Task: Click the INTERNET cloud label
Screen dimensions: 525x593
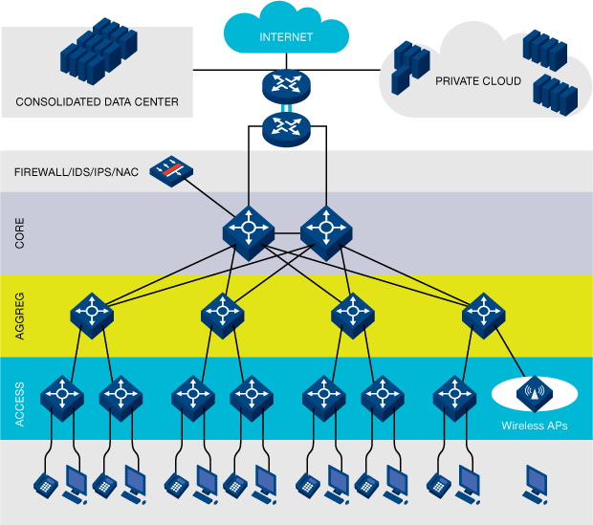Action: coord(286,38)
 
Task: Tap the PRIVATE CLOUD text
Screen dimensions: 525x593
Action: coord(478,81)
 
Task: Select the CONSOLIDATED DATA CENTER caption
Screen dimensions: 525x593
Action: coord(97,100)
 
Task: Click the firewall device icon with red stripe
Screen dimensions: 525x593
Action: coord(173,170)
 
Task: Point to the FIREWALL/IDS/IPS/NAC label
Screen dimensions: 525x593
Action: coord(76,172)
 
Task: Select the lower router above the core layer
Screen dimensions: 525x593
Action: coord(286,125)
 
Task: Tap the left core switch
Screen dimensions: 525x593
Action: coord(249,230)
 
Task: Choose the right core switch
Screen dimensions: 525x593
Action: coord(326,230)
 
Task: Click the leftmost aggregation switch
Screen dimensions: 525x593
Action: coord(92,313)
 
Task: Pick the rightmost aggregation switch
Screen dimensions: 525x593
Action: coord(484,313)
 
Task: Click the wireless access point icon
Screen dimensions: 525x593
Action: coord(534,392)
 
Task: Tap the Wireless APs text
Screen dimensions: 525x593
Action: coord(534,426)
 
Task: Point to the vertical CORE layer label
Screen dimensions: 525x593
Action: coord(20,232)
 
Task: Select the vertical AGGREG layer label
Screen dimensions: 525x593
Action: coord(20,315)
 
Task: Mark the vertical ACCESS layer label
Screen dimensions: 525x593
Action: coord(20,396)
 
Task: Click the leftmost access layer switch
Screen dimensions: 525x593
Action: coord(63,394)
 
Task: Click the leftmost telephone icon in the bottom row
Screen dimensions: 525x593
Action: coord(43,485)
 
